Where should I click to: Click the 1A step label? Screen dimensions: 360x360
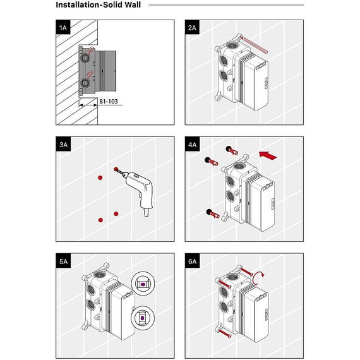coord(63,28)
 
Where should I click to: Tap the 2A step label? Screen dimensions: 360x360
coord(192,28)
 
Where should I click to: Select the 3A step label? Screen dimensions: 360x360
coord(63,145)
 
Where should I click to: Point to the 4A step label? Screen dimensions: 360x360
coord(193,145)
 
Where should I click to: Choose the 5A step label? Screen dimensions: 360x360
coord(63,261)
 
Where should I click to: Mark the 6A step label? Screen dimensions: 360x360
coord(193,261)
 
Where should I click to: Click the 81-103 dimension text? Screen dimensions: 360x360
coord(109,101)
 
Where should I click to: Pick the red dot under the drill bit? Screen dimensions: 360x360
coord(116,169)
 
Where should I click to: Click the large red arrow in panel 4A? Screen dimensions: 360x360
coord(268,155)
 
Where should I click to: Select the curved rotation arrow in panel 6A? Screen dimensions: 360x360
coord(258,277)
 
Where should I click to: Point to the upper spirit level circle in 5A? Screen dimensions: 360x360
coord(143,284)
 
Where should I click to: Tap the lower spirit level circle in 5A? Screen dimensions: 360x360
coord(143,318)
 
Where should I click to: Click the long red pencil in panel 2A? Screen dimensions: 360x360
coord(253,45)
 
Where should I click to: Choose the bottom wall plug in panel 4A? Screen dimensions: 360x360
coord(213,213)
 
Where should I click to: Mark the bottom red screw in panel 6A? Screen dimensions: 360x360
coord(225,333)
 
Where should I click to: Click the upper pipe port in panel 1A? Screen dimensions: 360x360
coord(85,57)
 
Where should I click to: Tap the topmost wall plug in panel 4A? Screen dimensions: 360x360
coord(232,150)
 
